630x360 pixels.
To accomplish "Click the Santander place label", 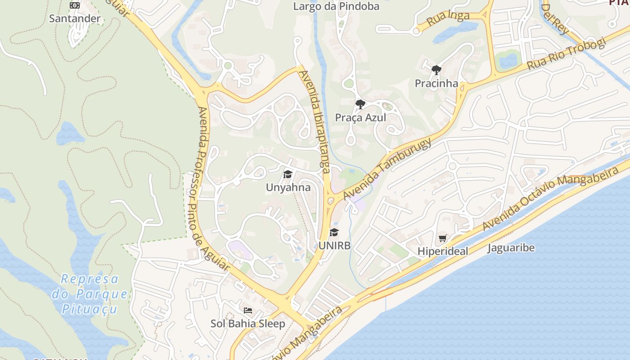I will (x=75, y=19).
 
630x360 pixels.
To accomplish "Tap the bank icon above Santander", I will (x=75, y=5).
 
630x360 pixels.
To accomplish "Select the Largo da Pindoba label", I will (x=336, y=6).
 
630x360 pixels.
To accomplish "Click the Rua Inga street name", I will (x=448, y=18).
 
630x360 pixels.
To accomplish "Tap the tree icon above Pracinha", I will (x=436, y=70).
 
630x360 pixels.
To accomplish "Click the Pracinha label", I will (x=436, y=83).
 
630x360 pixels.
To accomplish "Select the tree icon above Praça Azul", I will (x=360, y=104).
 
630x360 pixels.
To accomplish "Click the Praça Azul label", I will (x=360, y=117).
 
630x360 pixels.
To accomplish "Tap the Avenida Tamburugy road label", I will (x=387, y=169).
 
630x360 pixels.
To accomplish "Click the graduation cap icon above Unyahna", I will (x=288, y=174).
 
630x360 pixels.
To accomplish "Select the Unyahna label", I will (x=288, y=187).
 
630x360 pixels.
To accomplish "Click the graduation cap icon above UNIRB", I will (x=334, y=233).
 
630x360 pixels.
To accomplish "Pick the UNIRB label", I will (x=334, y=246).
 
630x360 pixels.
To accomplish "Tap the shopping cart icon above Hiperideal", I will (x=443, y=238).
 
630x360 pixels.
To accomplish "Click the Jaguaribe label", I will (x=511, y=247).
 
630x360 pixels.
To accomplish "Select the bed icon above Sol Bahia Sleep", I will (x=248, y=310).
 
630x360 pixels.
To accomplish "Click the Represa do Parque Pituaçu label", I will (x=90, y=294).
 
